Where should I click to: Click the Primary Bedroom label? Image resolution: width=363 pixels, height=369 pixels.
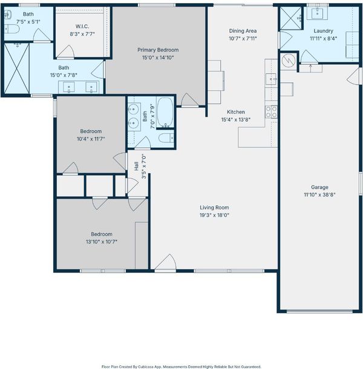point(158,50)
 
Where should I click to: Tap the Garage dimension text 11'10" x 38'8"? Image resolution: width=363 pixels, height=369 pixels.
point(319,195)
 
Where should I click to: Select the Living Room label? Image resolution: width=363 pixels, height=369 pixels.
point(214,208)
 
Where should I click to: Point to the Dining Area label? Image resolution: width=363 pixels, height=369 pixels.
point(243,31)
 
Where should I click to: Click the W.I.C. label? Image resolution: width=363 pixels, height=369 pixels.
point(82,27)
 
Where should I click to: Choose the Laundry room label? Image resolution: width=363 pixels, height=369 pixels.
point(323,31)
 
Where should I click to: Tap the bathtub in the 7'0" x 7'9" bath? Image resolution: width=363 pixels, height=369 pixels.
point(165,112)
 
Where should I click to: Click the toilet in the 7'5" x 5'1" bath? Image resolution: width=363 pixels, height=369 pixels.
point(11,29)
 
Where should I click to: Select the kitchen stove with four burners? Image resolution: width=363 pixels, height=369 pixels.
point(271,111)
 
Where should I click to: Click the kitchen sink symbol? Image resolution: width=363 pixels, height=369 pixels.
point(271,79)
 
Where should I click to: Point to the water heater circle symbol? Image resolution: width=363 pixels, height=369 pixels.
point(289,61)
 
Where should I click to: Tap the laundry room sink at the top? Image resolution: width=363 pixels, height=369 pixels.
point(317,12)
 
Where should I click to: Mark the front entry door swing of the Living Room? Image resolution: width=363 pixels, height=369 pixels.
point(166,262)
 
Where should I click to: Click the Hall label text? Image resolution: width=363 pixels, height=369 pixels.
point(136,166)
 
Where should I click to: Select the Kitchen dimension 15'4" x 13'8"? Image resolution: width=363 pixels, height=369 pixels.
point(236,119)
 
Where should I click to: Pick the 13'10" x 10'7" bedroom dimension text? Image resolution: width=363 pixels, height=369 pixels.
point(102,242)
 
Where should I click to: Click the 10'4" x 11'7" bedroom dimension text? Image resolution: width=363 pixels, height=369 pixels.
point(91,139)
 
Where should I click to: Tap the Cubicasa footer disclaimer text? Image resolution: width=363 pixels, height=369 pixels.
point(181,367)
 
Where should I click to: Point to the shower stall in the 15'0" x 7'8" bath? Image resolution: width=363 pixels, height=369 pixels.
point(17,68)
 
